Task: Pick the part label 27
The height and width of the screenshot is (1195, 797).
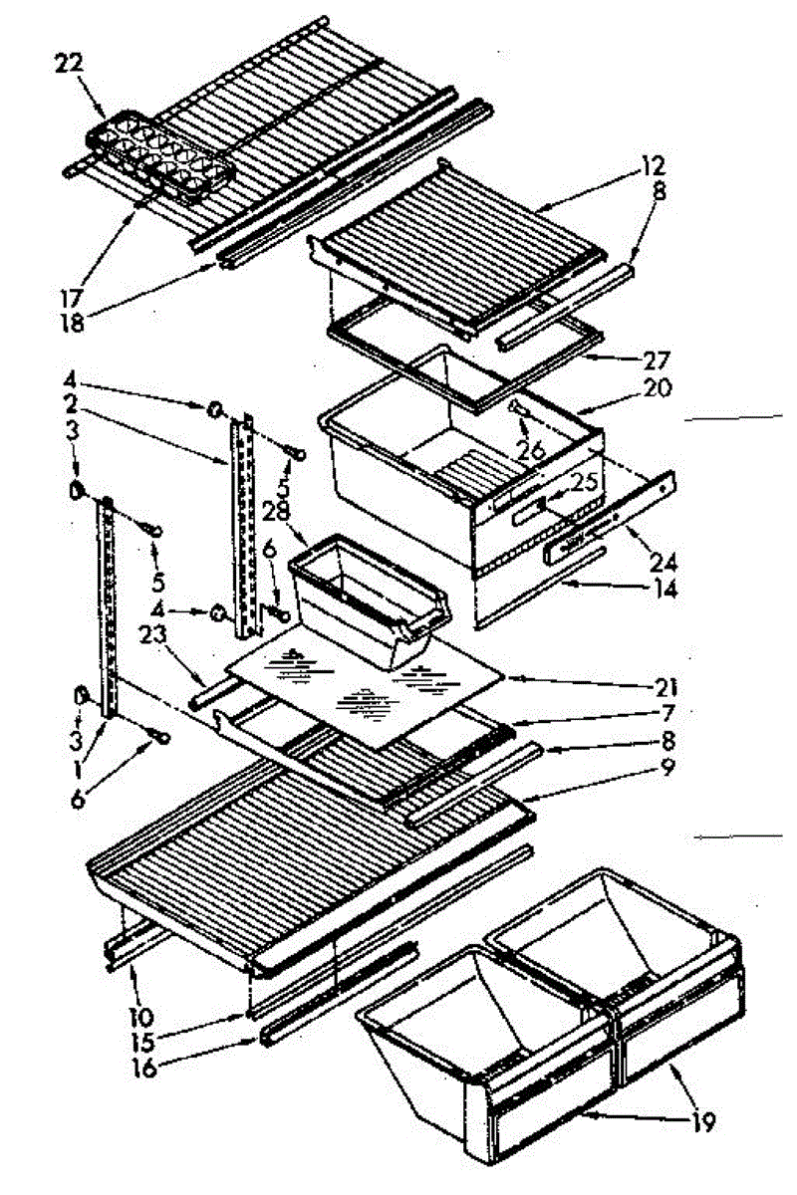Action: (x=658, y=359)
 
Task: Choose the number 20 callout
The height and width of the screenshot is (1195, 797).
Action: (x=658, y=387)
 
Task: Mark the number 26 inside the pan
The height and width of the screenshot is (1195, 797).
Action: (x=530, y=450)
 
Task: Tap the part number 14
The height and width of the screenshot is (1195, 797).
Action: (x=660, y=589)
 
